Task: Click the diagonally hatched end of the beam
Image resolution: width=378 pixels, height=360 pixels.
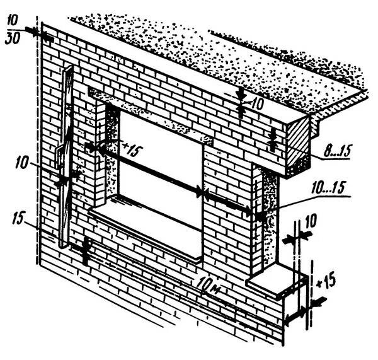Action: click(x=300, y=144)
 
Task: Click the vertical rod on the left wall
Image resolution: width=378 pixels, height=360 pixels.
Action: click(x=66, y=158)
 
